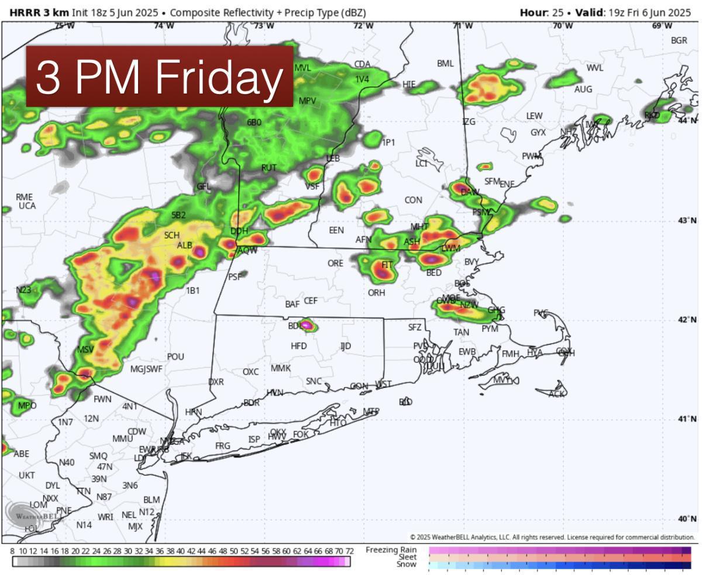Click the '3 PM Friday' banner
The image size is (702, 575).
(159, 77)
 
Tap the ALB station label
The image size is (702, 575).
(184, 245)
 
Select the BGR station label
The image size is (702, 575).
(679, 40)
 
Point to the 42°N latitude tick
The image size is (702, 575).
(687, 320)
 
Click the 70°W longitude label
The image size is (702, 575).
(563, 26)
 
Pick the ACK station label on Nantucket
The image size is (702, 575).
(557, 394)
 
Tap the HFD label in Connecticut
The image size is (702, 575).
(298, 346)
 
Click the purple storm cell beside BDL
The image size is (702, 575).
(305, 325)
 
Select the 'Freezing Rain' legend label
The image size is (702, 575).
(391, 550)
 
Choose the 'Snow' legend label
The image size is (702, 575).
(407, 564)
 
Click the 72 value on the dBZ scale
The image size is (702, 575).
(349, 550)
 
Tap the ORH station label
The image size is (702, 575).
(376, 293)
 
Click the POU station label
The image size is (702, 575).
(175, 356)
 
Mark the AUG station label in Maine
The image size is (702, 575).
(583, 89)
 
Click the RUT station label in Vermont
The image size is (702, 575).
(269, 168)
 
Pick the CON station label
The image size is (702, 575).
(413, 200)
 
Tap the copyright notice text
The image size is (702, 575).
(552, 537)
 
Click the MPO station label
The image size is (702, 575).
(27, 406)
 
